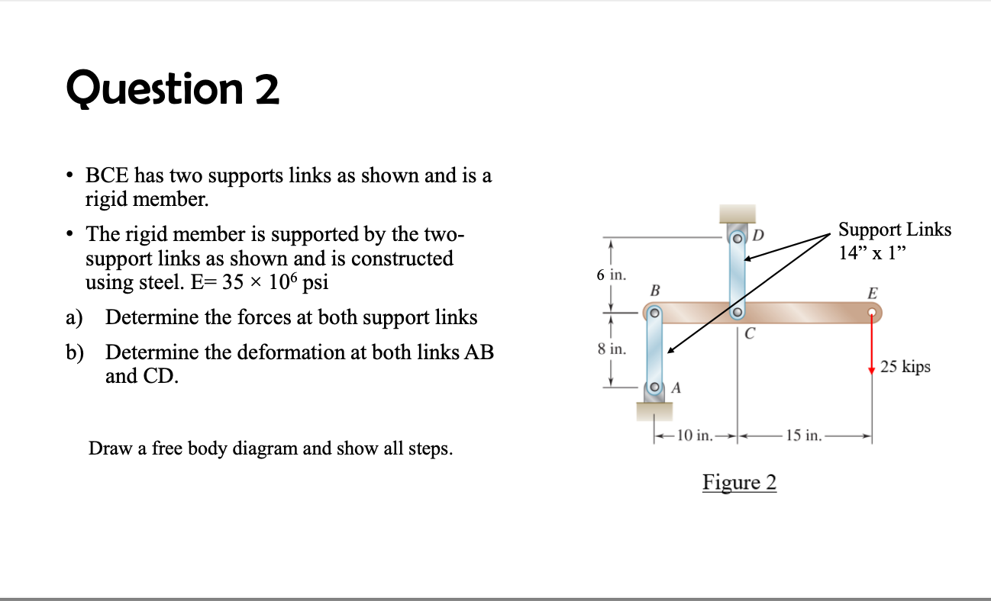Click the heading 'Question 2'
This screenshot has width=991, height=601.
click(x=173, y=90)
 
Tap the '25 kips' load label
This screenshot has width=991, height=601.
click(x=905, y=367)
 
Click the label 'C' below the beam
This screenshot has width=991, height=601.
click(x=750, y=333)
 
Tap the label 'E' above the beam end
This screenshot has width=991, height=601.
click(x=873, y=292)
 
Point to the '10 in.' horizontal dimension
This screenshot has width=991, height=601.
click(x=693, y=436)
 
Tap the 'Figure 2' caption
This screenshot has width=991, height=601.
click(x=739, y=483)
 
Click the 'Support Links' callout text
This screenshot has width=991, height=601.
click(x=895, y=230)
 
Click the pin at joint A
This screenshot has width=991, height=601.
click(x=654, y=389)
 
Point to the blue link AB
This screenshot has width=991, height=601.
click(x=654, y=350)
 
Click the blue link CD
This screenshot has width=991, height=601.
click(x=737, y=271)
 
